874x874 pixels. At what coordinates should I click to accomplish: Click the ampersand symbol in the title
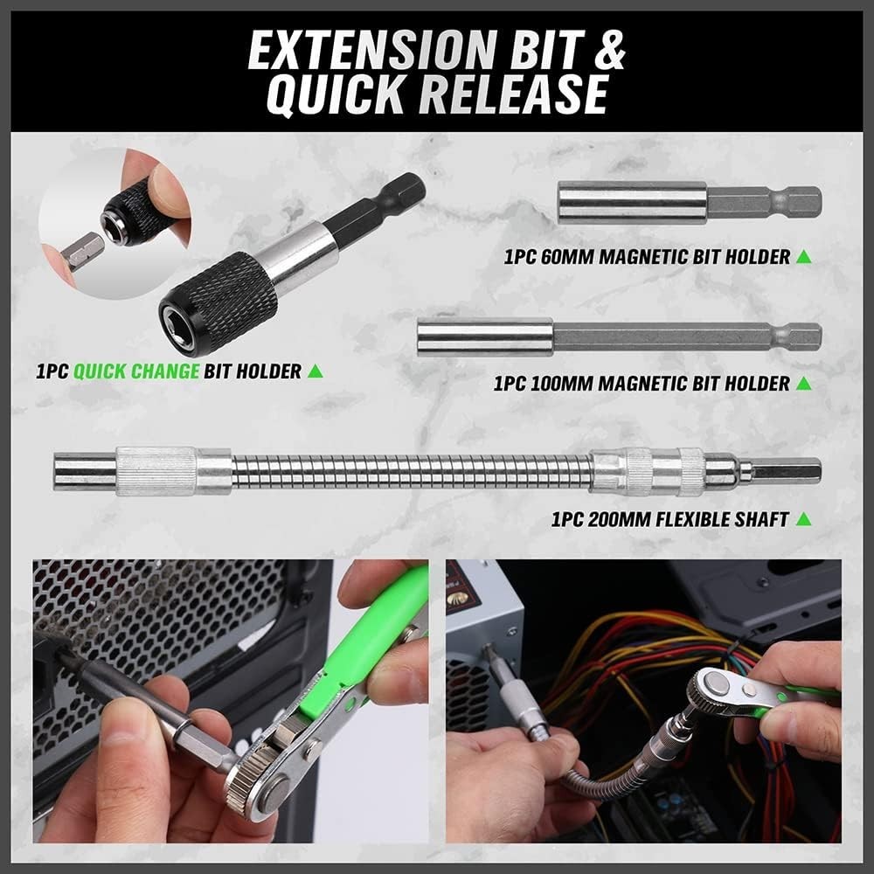click(603, 51)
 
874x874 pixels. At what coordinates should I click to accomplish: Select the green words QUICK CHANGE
click(135, 371)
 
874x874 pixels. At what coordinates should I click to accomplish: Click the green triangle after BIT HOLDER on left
click(316, 371)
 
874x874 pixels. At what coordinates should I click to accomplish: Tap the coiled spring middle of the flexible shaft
click(411, 471)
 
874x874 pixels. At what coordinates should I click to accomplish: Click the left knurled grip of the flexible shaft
click(156, 471)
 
